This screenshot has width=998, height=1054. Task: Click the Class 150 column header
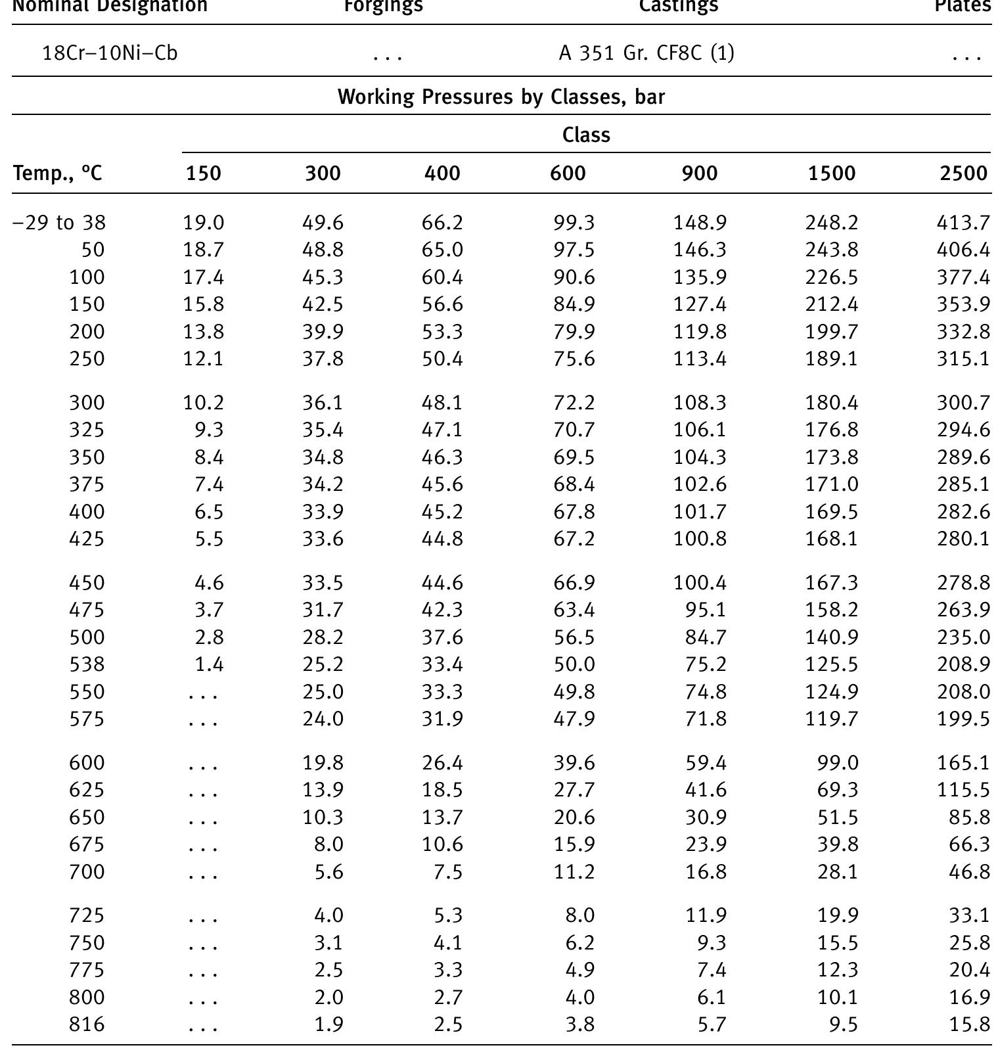[x=204, y=173]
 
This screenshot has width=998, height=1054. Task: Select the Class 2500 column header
[x=963, y=173]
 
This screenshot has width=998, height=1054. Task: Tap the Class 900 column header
[x=700, y=173]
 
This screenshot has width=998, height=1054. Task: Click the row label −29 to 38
[x=59, y=223]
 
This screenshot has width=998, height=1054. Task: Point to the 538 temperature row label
[x=87, y=664]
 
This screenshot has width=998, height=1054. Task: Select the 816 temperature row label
[x=87, y=1024]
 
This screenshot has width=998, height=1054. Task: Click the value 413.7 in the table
[x=963, y=223]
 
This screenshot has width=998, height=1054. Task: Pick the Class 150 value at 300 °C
[x=204, y=402]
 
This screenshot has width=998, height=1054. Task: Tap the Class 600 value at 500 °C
[x=574, y=637]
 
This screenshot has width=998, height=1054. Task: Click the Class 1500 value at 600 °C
[x=838, y=763]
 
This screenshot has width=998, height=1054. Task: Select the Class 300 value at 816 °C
[x=329, y=1024]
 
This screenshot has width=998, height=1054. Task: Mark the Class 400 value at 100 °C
[x=442, y=277]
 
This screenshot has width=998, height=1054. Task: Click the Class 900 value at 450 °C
[x=700, y=583]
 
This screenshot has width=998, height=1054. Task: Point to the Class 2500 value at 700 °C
[x=969, y=872]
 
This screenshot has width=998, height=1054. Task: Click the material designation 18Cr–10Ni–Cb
[x=110, y=53]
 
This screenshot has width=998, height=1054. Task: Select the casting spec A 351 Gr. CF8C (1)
[x=646, y=53]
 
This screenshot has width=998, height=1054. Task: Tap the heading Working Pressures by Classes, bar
[x=501, y=97]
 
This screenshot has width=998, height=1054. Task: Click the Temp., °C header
[x=58, y=173]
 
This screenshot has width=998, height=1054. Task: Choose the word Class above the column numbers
[x=586, y=135]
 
